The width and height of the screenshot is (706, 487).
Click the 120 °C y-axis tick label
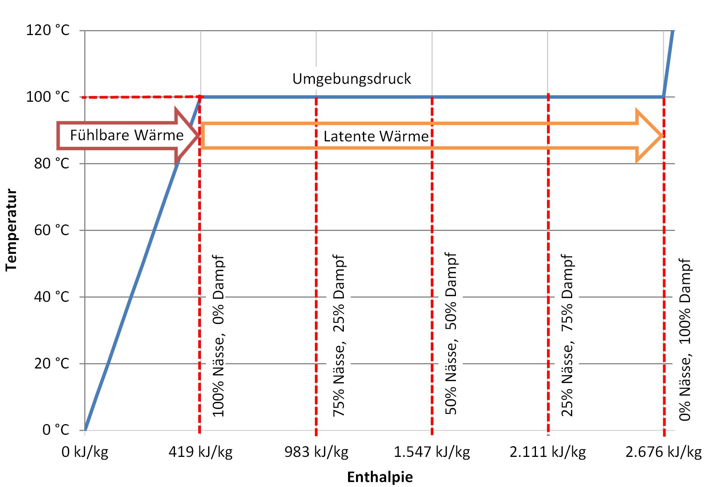[x=48, y=30]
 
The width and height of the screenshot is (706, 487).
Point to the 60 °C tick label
[x=52, y=230]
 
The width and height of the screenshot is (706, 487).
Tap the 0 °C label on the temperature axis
[x=56, y=430]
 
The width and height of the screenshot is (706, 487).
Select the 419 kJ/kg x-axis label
[x=201, y=452]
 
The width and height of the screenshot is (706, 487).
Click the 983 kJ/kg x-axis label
[x=316, y=452]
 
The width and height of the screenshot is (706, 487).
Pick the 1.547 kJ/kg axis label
[x=432, y=452]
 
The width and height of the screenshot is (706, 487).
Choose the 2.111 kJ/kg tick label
[x=548, y=452]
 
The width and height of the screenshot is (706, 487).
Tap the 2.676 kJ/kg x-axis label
[x=664, y=452]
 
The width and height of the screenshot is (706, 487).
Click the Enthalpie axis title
[x=380, y=477]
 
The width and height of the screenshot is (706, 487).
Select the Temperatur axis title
[x=11, y=230]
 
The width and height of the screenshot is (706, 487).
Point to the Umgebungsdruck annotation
[x=351, y=79]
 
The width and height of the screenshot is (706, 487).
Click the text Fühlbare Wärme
[x=127, y=135]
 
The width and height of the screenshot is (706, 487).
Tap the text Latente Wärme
[x=376, y=136]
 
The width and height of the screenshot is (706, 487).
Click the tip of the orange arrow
[x=663, y=136]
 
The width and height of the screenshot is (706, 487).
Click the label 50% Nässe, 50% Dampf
[x=451, y=334]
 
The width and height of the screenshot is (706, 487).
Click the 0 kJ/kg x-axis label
[x=85, y=452]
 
